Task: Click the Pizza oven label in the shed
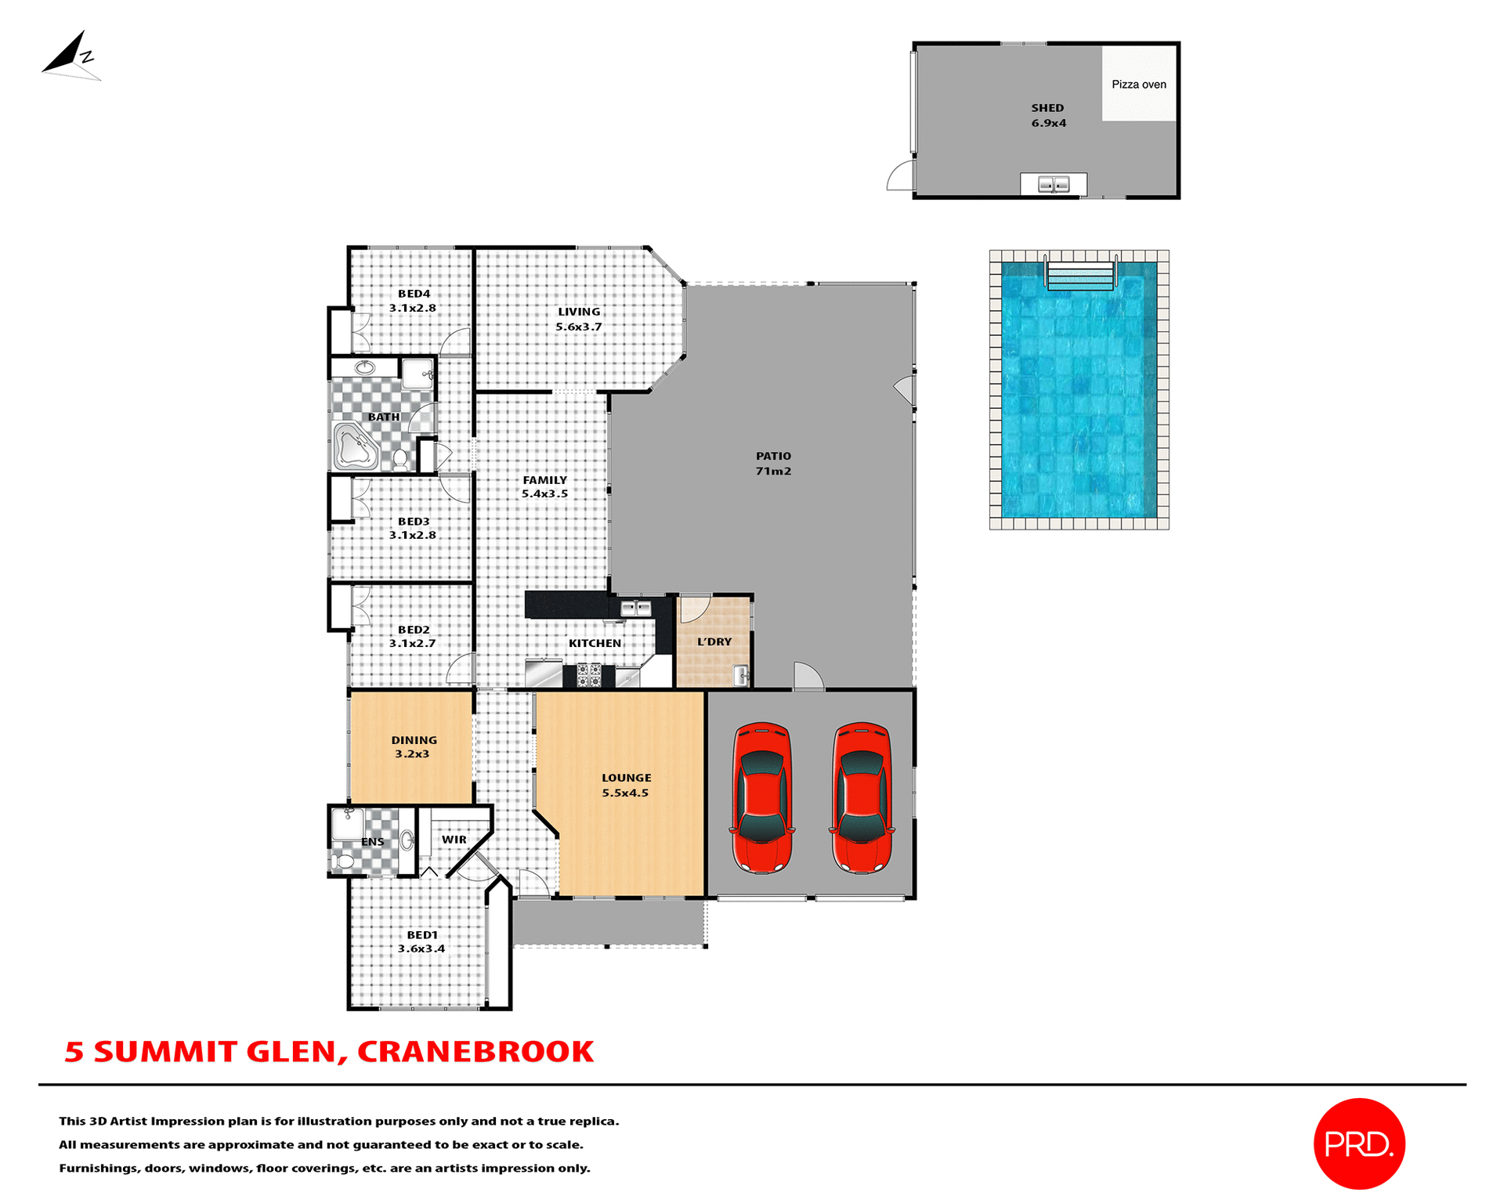click(1138, 85)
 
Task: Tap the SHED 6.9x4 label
click(1047, 115)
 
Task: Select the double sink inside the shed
click(1053, 185)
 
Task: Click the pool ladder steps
click(1080, 276)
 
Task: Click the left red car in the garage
click(761, 797)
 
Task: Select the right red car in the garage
click(862, 797)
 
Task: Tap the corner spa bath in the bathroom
click(355, 447)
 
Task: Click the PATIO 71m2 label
click(773, 463)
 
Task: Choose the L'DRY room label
click(714, 641)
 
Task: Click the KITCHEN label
click(595, 643)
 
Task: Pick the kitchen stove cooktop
click(589, 675)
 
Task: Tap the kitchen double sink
click(635, 608)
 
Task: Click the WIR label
click(454, 840)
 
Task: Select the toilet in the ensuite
click(343, 862)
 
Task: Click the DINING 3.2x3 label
click(414, 746)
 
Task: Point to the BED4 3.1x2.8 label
click(413, 301)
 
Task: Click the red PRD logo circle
click(1358, 1143)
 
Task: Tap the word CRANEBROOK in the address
click(475, 1052)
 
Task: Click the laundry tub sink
click(740, 674)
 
